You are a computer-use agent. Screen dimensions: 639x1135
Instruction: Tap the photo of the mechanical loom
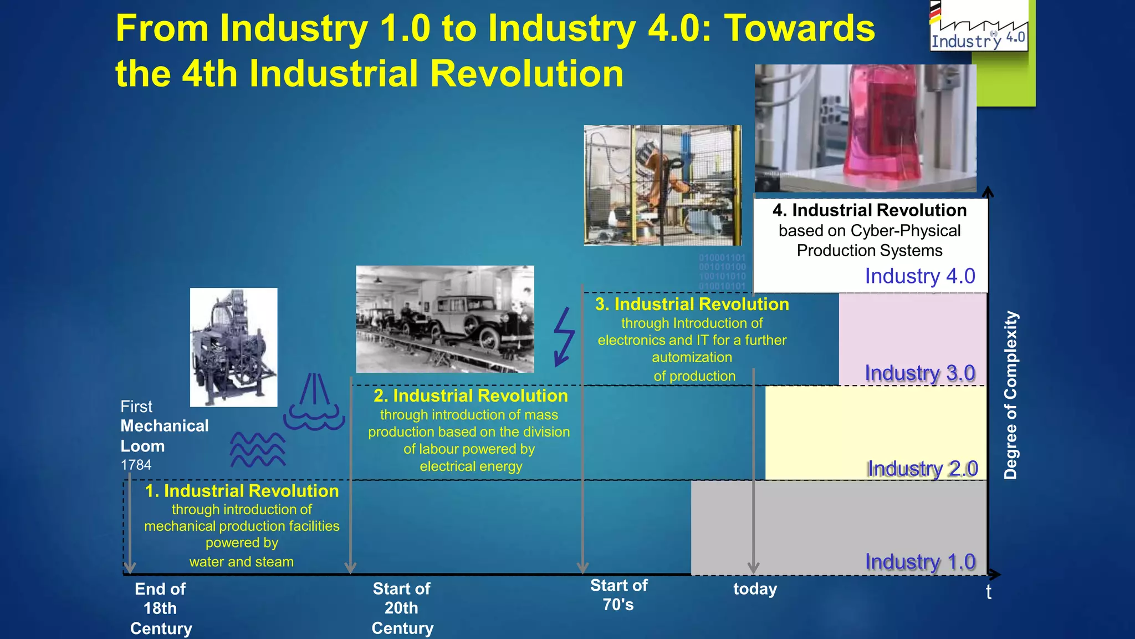coord(233,347)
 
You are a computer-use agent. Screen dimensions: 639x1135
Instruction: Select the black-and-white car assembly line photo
coord(445,319)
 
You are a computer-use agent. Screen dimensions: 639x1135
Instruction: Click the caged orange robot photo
coord(662,185)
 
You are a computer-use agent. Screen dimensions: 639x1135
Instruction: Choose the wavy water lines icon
coord(258,449)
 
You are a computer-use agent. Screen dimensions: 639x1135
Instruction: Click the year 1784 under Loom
coord(136,465)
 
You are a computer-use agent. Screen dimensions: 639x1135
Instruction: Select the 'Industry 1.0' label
coord(920,562)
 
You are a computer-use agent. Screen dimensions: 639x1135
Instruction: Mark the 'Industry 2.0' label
coord(922,469)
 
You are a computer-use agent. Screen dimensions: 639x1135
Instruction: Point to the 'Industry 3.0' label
coord(920,373)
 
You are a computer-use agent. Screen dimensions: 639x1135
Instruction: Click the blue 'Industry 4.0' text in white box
coord(920,276)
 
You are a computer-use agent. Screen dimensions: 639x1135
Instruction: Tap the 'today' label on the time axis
coord(755,589)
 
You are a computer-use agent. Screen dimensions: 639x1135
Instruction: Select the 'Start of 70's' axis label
coord(618,595)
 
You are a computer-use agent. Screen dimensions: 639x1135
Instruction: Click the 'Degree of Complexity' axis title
coord(1011,395)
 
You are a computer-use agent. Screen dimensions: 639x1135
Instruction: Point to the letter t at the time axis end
coord(989,592)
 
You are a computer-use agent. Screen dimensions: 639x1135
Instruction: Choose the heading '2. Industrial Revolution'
coord(471,396)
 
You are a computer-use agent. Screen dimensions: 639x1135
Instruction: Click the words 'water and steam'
coord(242,562)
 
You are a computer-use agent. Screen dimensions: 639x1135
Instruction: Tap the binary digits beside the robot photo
coord(722,272)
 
